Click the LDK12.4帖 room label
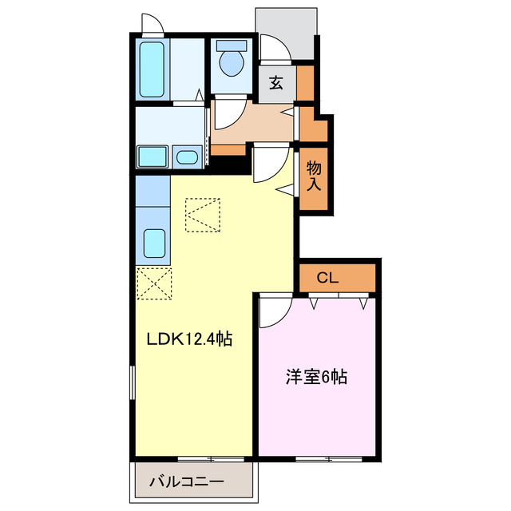[x=188, y=339]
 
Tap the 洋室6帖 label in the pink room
[x=316, y=377]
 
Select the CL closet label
[x=328, y=278]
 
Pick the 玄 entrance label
[x=276, y=82]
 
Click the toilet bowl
[x=232, y=63]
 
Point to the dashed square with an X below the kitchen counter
[x=153, y=283]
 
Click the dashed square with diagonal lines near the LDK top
[x=203, y=213]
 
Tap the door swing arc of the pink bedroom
[x=271, y=310]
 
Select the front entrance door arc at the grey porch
[x=273, y=49]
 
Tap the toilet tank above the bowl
[x=232, y=44]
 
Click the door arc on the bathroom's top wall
[x=153, y=24]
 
